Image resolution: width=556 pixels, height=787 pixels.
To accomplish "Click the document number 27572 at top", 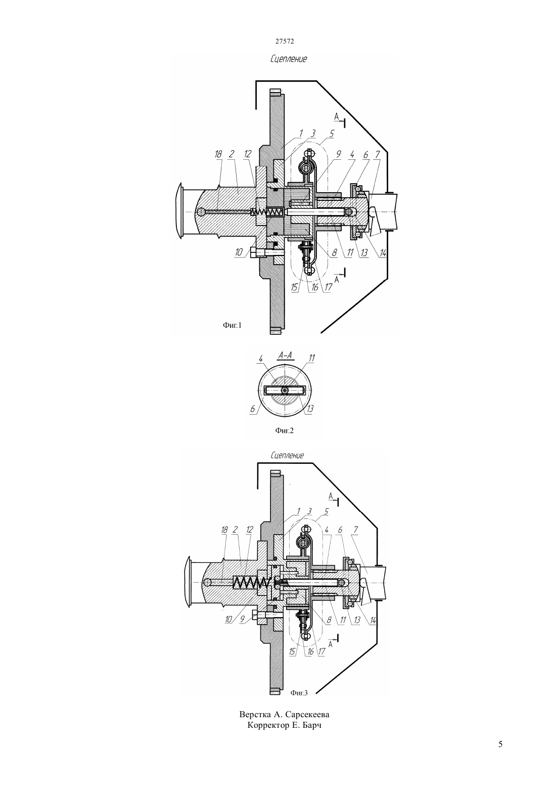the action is (x=284, y=41).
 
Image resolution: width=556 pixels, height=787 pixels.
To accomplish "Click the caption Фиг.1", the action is (x=233, y=325).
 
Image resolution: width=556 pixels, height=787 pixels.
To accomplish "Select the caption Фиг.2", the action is (x=284, y=430).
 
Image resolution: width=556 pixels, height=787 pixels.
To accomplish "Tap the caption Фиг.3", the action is (x=299, y=693).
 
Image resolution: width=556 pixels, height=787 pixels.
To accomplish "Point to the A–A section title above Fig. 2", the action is (x=285, y=356).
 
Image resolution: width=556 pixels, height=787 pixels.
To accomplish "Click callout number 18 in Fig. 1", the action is (x=218, y=154).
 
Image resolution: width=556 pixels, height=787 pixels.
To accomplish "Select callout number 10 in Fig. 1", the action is (x=239, y=252).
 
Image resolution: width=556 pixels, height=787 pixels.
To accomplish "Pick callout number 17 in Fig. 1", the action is (x=328, y=287).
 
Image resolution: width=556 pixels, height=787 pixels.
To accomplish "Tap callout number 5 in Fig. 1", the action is (x=332, y=134).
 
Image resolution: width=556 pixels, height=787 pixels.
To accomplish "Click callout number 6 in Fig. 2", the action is (x=252, y=409).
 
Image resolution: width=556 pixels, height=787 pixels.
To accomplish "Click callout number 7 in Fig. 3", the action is (x=356, y=530).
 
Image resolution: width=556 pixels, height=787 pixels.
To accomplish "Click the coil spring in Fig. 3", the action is (x=251, y=582).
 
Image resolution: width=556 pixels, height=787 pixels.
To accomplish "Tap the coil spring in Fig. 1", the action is (x=266, y=212).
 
